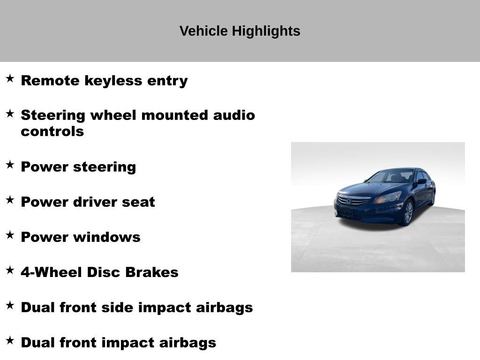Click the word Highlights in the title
coord(266,31)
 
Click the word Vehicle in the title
coord(203,31)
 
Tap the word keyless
coord(113,81)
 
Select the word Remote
coord(50,81)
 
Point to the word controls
coord(52,132)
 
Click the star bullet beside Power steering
coord(10,165)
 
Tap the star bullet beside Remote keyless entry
coord(10,78)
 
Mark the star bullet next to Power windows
coord(10,235)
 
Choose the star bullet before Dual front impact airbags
coord(10,340)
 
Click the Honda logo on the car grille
coord(348,202)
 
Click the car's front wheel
coord(408,213)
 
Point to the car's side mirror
coord(422,181)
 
